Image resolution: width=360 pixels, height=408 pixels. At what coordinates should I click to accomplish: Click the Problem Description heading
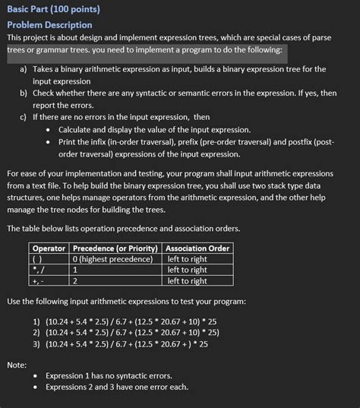click(x=49, y=24)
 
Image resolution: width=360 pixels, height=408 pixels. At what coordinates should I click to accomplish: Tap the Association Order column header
click(x=197, y=248)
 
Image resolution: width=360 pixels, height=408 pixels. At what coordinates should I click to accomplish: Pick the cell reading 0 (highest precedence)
click(x=112, y=259)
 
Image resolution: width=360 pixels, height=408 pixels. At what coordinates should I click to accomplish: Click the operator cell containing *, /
click(x=39, y=270)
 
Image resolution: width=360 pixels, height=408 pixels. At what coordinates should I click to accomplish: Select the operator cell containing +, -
click(x=39, y=280)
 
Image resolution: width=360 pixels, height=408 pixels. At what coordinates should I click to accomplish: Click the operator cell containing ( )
click(x=38, y=259)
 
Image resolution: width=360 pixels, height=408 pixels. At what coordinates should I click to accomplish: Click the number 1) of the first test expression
click(x=36, y=320)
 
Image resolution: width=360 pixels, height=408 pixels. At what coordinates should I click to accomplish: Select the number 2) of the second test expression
click(x=36, y=332)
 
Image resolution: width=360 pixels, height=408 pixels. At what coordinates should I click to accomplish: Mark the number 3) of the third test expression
click(x=36, y=343)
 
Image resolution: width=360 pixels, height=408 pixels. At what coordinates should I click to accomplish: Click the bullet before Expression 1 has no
click(x=36, y=375)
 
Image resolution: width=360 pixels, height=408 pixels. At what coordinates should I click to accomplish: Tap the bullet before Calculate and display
click(x=49, y=129)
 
